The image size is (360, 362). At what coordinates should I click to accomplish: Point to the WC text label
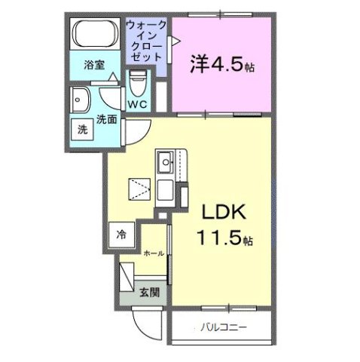coord(137,103)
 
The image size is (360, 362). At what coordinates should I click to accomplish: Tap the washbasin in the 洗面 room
coord(81,99)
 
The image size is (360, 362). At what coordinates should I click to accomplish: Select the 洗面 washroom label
coord(106,118)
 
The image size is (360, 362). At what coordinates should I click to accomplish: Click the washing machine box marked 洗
coord(82,129)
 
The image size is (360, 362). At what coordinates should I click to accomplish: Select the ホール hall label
coord(154,254)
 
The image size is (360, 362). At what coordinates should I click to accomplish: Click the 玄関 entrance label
coord(148,292)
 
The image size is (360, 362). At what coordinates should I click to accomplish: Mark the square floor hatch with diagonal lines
coord(139,187)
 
